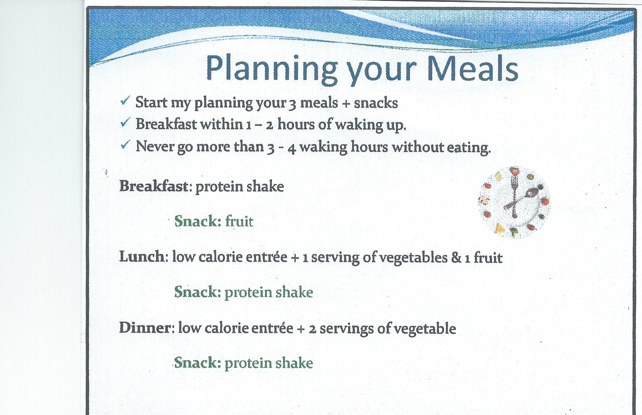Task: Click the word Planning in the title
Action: point(272,70)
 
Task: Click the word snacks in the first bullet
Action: point(376,103)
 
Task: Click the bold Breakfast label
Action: point(153,186)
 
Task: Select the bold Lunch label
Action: point(142,257)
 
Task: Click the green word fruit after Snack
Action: point(239,221)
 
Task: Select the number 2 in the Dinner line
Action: point(313,329)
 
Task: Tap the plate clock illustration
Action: point(515,202)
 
